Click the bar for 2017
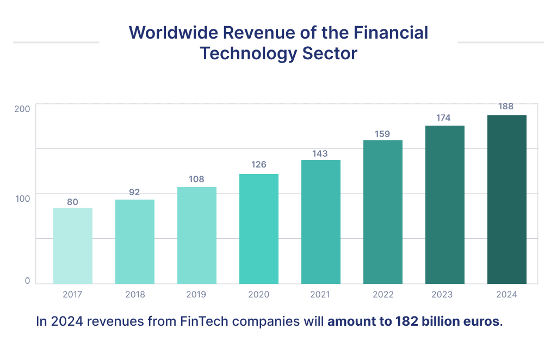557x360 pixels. pos(72,246)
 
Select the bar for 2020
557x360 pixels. pos(258,229)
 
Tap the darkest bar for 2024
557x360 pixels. pos(506,200)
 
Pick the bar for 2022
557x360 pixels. pos(382,212)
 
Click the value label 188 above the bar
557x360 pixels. pos(506,107)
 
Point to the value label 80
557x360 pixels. pos(72,202)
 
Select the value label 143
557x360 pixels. pos(320,153)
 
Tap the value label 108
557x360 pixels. pos(196,179)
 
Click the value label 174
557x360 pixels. pos(444,117)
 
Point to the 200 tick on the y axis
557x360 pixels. pos(22,109)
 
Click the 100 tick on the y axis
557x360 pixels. pos(22,198)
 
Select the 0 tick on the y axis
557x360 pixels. pos(27,281)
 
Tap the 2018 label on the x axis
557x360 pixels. pos(134,295)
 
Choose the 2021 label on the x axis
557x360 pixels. pos(320,295)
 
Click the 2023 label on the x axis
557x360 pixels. pos(444,295)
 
